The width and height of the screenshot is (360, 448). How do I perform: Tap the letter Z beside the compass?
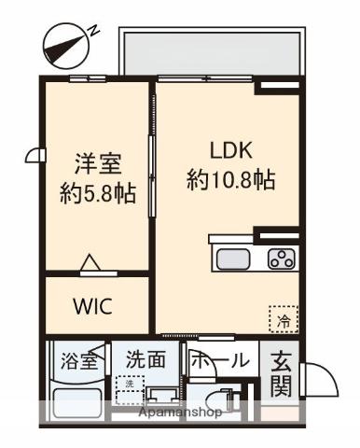pos(93,29)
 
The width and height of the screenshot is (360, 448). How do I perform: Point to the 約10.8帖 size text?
pos(230,179)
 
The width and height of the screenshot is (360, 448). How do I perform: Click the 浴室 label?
pos(78,360)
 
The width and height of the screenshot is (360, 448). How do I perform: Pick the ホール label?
pos(220,360)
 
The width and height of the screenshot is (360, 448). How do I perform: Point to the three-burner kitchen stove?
pos(280,259)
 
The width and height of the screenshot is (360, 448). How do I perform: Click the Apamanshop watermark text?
pos(180,412)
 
